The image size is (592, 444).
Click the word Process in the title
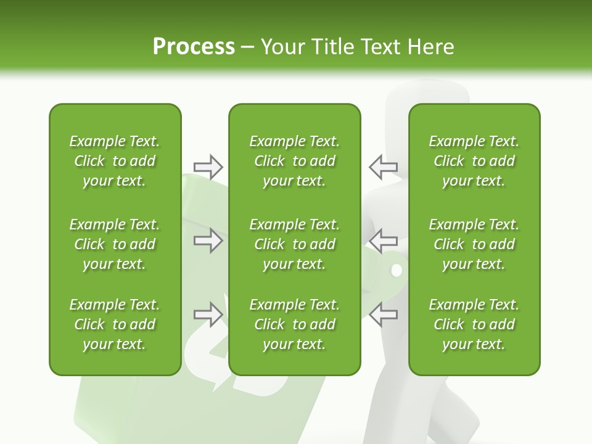(x=194, y=47)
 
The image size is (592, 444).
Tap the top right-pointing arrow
(x=208, y=166)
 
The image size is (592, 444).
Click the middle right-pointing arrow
(x=208, y=240)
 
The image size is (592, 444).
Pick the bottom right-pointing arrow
(x=208, y=314)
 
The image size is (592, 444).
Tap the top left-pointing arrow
(x=383, y=166)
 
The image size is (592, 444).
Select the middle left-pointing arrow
(x=383, y=240)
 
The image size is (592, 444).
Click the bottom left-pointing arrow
(x=383, y=314)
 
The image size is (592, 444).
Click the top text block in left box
(x=115, y=161)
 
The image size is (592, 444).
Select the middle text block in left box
(x=115, y=244)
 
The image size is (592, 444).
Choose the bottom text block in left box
(x=115, y=324)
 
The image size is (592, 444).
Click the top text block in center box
(x=294, y=161)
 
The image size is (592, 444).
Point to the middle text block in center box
(x=294, y=244)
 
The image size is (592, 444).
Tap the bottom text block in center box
(x=294, y=324)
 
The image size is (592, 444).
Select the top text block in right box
(x=474, y=161)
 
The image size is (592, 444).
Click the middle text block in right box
(x=474, y=244)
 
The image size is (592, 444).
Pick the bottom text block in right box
(x=474, y=324)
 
